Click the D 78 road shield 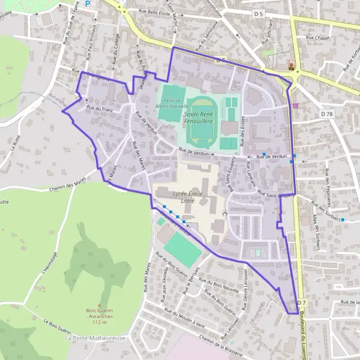(327, 113)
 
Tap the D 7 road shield (301, 302)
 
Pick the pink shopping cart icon (295, 105)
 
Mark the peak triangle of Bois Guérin (100, 305)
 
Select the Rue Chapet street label (318, 38)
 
